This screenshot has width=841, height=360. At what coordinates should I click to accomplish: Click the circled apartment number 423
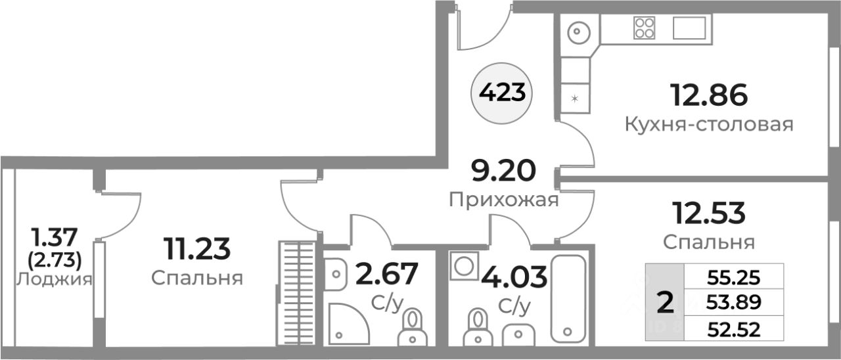click(x=503, y=93)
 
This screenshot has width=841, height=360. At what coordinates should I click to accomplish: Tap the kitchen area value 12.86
click(x=708, y=96)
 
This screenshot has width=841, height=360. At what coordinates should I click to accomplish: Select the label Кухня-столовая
click(x=708, y=124)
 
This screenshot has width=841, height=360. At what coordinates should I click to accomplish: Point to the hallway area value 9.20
click(x=504, y=172)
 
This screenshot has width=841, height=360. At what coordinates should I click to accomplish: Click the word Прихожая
click(x=504, y=200)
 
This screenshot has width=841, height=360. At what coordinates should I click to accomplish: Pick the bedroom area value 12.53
click(x=708, y=213)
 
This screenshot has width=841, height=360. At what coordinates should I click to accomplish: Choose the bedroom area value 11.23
click(x=196, y=248)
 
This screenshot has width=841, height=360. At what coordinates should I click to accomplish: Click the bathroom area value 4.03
click(x=514, y=277)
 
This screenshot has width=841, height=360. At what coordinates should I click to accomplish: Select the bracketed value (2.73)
click(x=55, y=261)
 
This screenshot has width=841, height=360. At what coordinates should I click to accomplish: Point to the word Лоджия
click(x=54, y=279)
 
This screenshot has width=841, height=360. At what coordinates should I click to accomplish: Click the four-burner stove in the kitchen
click(x=644, y=28)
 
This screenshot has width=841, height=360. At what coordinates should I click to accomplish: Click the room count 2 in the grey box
click(x=665, y=303)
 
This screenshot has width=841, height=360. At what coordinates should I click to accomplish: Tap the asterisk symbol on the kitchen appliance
click(x=575, y=99)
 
